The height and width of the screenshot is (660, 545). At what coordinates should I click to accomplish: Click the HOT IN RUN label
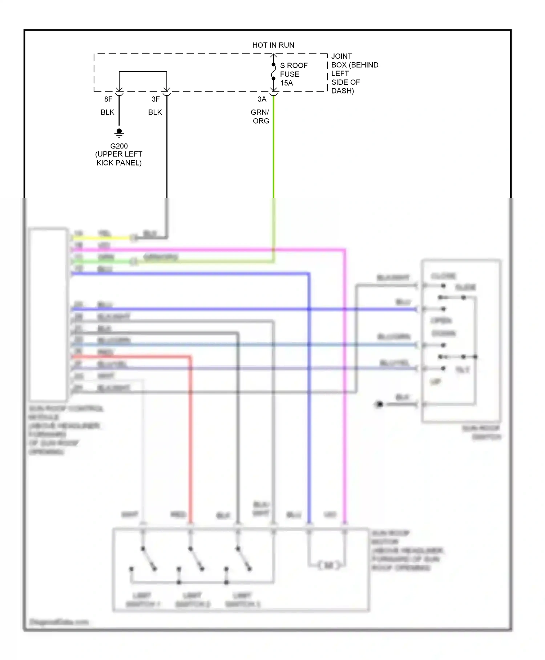pyautogui.click(x=273, y=45)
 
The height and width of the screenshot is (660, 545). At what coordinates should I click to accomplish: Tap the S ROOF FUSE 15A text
pyautogui.click(x=293, y=74)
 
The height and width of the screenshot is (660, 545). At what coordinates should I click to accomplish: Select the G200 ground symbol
pyautogui.click(x=119, y=133)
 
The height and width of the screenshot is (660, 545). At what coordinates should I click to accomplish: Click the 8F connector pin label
pyautogui.click(x=108, y=99)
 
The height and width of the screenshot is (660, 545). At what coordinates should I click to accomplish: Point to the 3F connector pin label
pyautogui.click(x=156, y=99)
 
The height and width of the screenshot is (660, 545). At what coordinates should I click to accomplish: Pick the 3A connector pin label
pyautogui.click(x=262, y=99)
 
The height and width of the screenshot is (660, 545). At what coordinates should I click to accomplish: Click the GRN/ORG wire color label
pyautogui.click(x=260, y=116)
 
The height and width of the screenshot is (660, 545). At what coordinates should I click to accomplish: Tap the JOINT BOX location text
pyautogui.click(x=354, y=73)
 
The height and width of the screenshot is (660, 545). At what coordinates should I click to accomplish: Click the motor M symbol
pyautogui.click(x=328, y=565)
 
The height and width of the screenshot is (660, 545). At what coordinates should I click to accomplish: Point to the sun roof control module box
pyautogui.click(x=48, y=315)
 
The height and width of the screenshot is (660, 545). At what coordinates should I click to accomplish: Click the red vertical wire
pyautogui.click(x=190, y=437)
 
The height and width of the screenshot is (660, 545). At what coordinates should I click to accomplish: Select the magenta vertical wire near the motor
pyautogui.click(x=345, y=437)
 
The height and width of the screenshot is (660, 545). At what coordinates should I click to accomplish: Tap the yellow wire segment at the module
pyautogui.click(x=102, y=238)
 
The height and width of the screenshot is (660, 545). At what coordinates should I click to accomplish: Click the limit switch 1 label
pyautogui.click(x=142, y=600)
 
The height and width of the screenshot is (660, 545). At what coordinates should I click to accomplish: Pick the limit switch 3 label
pyautogui.click(x=242, y=600)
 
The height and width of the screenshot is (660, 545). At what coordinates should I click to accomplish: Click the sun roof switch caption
pyautogui.click(x=481, y=432)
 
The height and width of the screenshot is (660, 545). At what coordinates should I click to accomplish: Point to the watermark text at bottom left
pyautogui.click(x=59, y=622)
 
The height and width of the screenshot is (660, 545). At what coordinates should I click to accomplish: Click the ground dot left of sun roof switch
pyautogui.click(x=380, y=404)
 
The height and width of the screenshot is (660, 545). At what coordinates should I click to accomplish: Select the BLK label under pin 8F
pyautogui.click(x=108, y=112)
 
